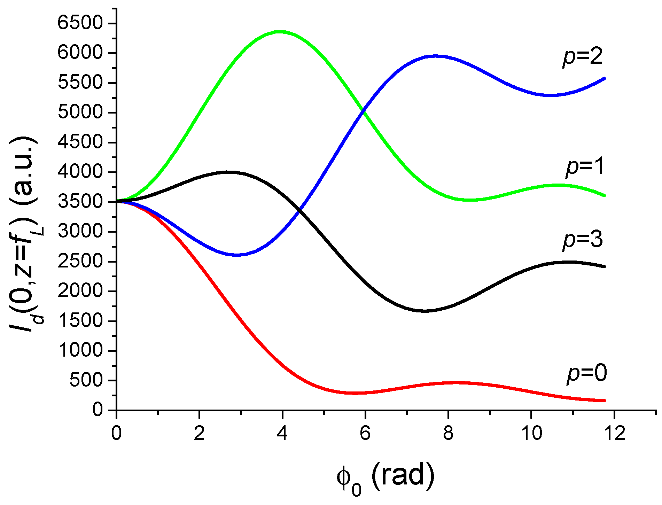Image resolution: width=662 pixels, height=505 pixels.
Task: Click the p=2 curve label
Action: (583, 57)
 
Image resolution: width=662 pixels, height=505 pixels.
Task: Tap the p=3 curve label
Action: (583, 240)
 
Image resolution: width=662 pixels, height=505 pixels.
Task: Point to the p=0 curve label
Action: (587, 373)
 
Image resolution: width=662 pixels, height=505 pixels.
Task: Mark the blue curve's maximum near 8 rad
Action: (435, 56)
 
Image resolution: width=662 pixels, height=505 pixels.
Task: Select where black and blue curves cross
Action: (299, 210)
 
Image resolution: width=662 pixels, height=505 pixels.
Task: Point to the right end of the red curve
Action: (605, 401)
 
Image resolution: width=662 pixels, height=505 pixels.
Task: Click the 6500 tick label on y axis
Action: (80, 23)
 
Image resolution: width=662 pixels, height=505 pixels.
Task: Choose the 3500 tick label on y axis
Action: (80, 202)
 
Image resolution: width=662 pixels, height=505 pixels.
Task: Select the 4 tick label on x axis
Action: (282, 434)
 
